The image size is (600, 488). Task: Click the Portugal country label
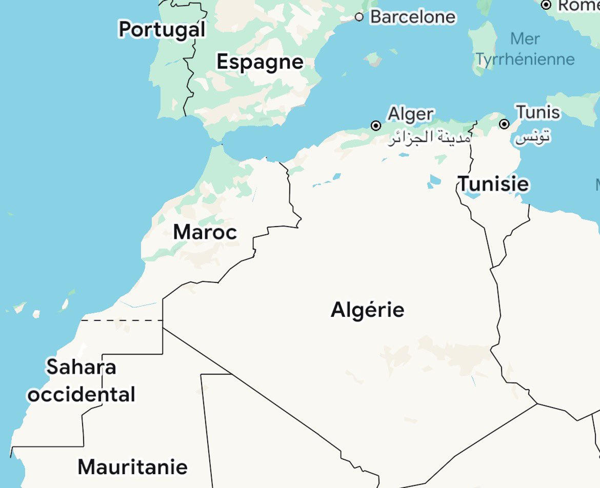(x=162, y=29)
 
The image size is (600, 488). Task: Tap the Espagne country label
(x=260, y=62)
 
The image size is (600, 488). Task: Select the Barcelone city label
(x=413, y=17)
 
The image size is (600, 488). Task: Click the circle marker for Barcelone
(x=359, y=17)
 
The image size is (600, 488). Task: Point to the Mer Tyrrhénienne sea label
(x=525, y=49)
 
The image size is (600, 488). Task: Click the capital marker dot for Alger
(x=376, y=126)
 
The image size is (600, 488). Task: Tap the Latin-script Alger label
(x=411, y=114)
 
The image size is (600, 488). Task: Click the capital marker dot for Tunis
(x=504, y=124)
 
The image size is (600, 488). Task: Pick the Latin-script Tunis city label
(x=538, y=112)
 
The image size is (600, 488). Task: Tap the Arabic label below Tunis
(x=533, y=137)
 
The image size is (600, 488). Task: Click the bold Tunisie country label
(x=493, y=184)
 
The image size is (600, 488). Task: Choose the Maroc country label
(x=205, y=232)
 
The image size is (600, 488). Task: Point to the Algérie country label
(x=368, y=310)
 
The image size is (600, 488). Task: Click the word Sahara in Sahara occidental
(x=81, y=367)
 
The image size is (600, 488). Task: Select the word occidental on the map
(x=82, y=395)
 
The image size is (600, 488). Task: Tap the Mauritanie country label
(x=132, y=467)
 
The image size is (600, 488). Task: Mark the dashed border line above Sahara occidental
(x=122, y=320)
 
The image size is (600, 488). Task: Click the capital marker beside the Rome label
(x=547, y=5)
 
